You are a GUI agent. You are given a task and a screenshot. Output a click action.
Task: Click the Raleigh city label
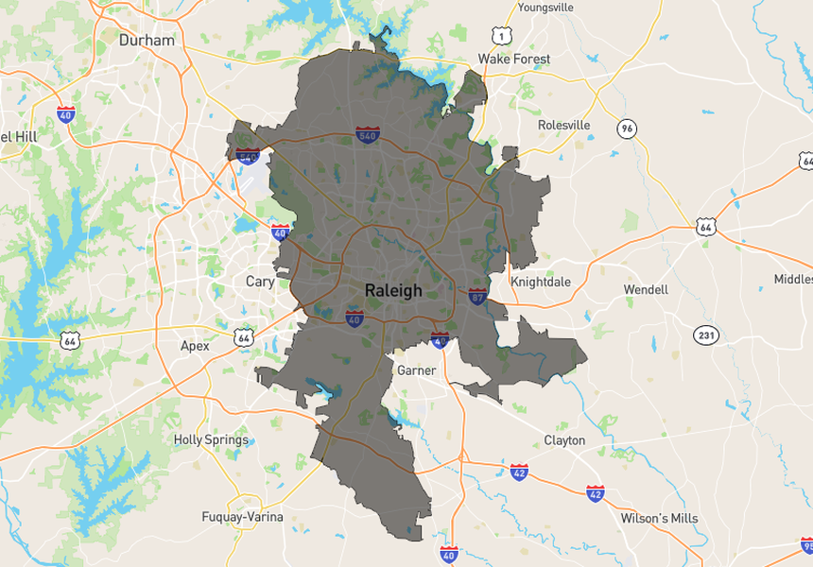[393, 291]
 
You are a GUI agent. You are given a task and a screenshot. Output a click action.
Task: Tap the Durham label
[147, 41]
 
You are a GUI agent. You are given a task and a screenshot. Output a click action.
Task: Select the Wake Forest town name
[513, 59]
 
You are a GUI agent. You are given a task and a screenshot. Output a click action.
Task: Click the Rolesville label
[563, 125]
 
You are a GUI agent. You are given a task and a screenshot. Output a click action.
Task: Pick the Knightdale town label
[541, 282]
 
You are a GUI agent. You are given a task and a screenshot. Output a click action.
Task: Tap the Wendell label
[646, 289]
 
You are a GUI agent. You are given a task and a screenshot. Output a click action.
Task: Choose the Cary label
[260, 282]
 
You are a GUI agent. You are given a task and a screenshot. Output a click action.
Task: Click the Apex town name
[195, 346]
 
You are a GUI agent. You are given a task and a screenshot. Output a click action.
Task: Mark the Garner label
[416, 370]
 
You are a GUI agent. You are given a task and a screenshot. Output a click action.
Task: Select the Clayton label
[564, 440]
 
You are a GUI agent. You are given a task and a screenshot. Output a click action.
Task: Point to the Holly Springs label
[211, 439]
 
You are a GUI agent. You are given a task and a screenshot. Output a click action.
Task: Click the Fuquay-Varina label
[242, 517]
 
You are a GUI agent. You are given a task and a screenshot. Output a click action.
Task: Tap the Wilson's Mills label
[659, 518]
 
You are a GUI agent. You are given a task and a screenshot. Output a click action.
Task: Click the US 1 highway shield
[501, 36]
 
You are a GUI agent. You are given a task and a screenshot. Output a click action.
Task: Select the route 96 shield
[627, 129]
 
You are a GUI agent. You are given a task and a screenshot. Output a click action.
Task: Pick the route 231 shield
[705, 335]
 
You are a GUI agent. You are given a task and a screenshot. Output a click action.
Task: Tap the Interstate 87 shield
[477, 296]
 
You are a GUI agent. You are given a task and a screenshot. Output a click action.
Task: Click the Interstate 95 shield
[806, 545]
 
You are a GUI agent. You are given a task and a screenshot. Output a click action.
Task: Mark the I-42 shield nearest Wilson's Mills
[595, 493]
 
